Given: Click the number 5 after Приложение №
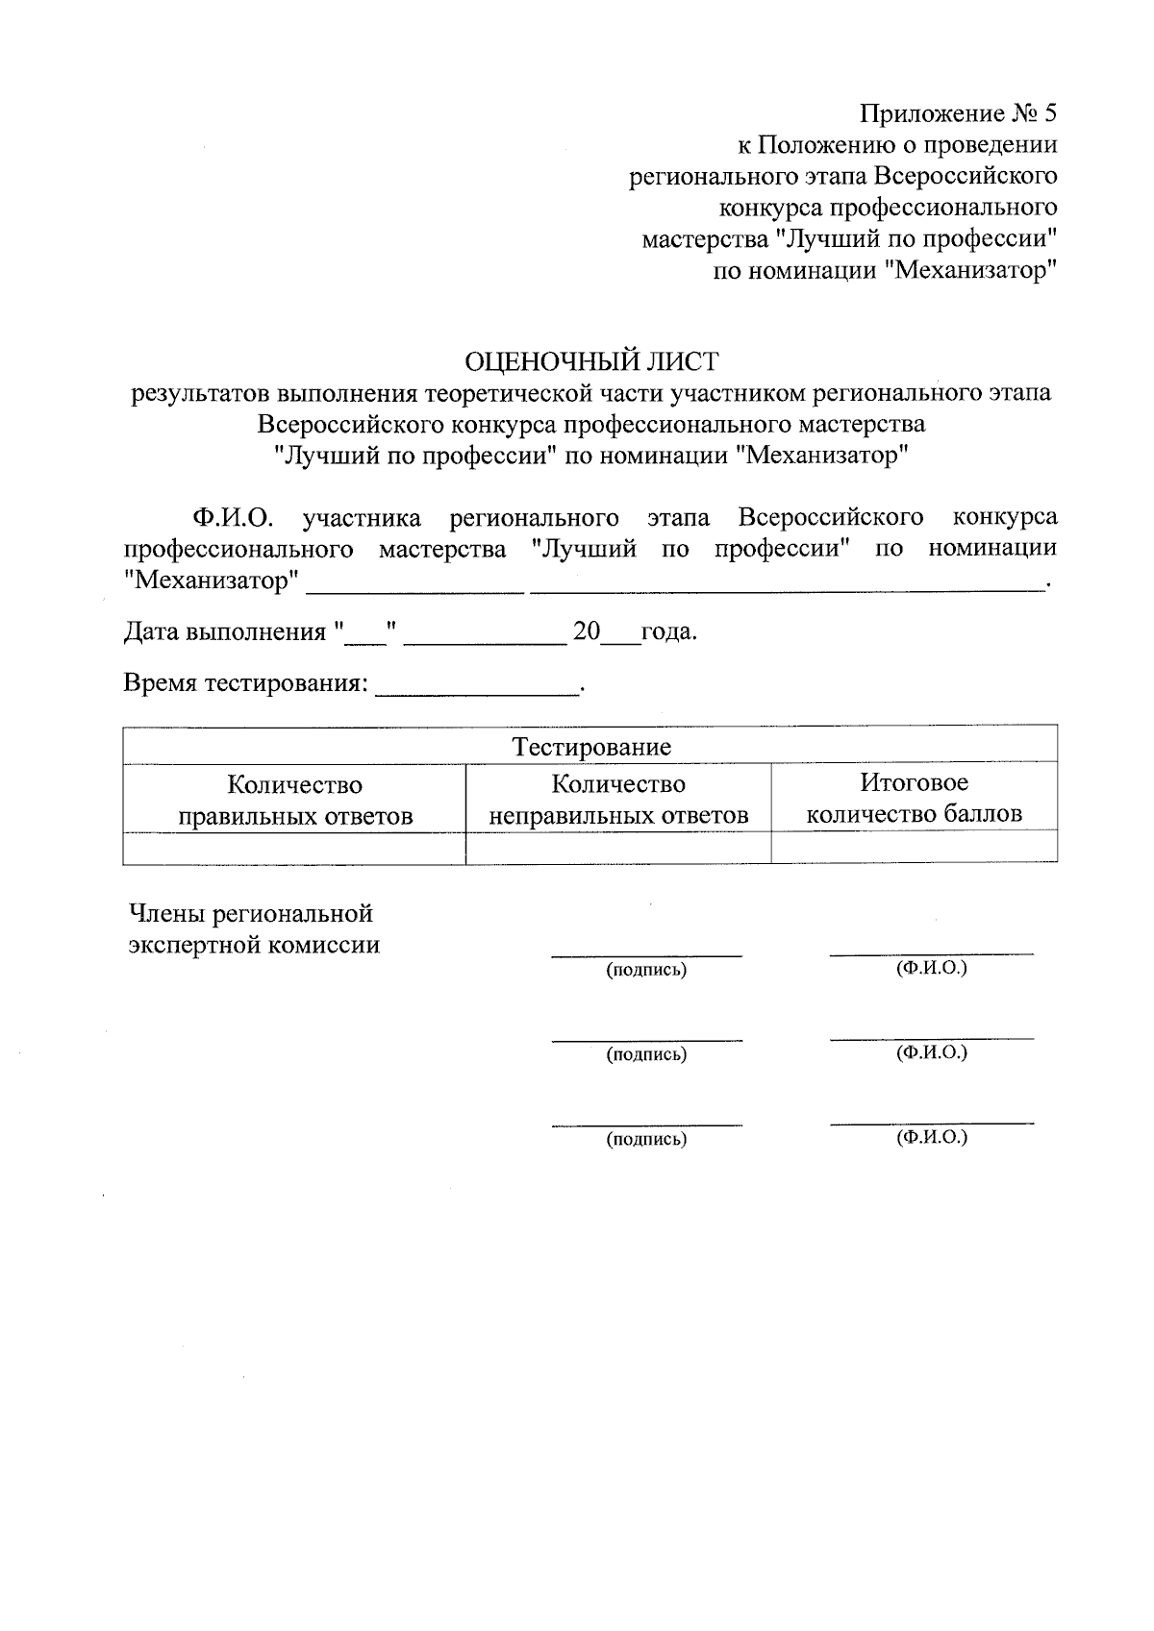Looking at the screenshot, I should click(1048, 114).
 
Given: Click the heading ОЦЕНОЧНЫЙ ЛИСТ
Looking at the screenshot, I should click(591, 361).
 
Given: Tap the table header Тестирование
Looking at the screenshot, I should click(590, 747).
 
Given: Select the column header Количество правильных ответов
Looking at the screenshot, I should click(295, 801).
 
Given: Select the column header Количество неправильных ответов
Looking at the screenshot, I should click(618, 800).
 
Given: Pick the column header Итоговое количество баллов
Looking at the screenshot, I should click(914, 799).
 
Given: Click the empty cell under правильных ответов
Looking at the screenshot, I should click(295, 848).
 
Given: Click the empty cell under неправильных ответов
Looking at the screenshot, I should click(618, 848).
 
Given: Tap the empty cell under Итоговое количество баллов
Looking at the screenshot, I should click(914, 847).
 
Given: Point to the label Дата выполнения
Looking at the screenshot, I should click(225, 632).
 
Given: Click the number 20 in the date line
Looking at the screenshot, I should click(586, 631).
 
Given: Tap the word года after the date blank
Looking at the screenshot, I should click(667, 632).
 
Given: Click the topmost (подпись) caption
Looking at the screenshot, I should click(646, 970).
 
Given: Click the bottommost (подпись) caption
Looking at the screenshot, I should click(646, 1140).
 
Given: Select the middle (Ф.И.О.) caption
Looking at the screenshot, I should click(931, 1053).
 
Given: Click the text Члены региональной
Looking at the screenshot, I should click(251, 913).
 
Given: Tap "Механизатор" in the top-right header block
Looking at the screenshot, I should click(970, 270).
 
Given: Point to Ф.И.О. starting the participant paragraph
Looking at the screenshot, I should click(233, 518).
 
